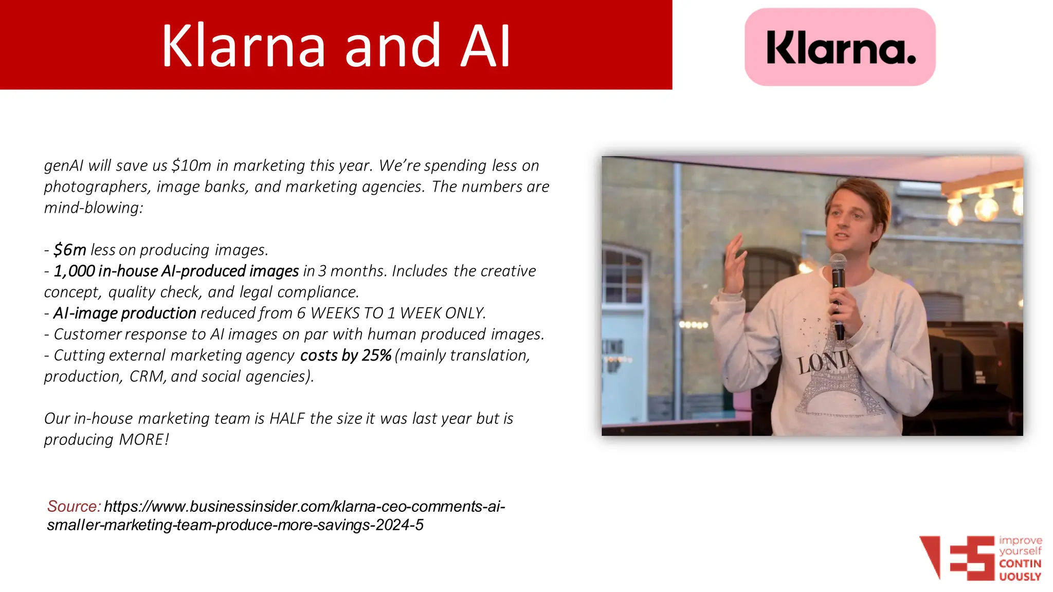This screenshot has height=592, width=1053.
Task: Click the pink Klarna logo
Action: tap(840, 47)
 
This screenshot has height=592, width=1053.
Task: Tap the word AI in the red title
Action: tap(485, 46)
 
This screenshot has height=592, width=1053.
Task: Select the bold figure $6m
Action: tap(70, 250)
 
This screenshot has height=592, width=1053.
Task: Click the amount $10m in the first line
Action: tap(191, 165)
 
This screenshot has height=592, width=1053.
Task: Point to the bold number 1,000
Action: tap(74, 271)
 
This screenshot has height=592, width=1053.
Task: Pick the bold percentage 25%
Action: tap(376, 355)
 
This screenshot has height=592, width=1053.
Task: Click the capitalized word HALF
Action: tap(287, 418)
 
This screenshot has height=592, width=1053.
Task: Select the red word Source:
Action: tap(74, 506)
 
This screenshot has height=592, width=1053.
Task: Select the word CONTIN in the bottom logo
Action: tap(1020, 564)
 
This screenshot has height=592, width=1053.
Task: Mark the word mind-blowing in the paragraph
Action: tap(93, 208)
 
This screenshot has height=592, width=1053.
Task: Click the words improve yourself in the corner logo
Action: tap(1020, 546)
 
